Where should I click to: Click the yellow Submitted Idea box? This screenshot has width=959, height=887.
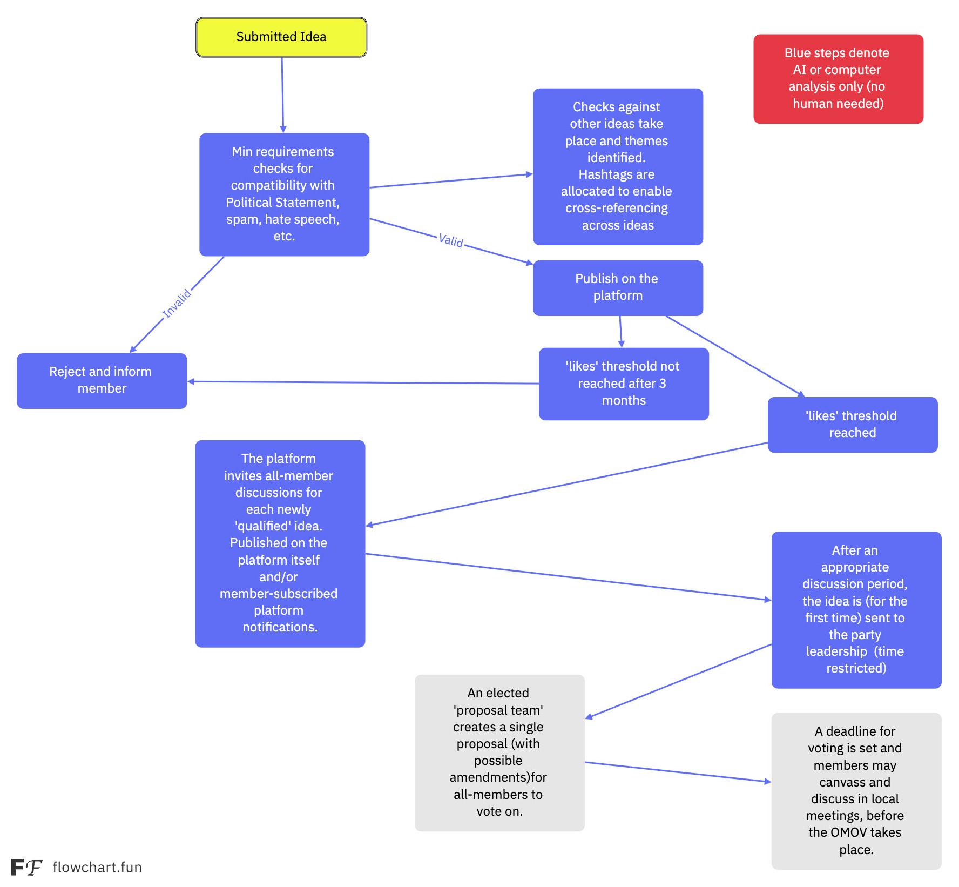281,37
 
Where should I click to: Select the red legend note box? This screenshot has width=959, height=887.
838,79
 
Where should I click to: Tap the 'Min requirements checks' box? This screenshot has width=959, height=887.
284,194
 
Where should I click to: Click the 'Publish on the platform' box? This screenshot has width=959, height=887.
618,288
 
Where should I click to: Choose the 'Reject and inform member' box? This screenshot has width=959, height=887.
102,380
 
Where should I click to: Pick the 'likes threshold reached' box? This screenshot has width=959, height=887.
853,425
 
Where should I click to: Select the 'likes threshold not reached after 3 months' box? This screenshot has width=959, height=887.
624,384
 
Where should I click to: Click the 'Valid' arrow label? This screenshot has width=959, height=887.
451,240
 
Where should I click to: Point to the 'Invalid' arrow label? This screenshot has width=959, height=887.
177,303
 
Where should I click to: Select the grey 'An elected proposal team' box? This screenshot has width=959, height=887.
499,752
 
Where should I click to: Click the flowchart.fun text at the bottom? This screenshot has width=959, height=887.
97,867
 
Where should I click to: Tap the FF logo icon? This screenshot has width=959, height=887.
26,867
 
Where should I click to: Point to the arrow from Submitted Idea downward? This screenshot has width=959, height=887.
282,95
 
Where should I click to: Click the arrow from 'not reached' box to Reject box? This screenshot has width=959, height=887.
363,382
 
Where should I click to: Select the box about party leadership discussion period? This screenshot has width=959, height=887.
856,610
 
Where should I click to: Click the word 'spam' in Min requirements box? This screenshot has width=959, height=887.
244,220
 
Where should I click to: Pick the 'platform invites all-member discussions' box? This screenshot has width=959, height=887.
280,543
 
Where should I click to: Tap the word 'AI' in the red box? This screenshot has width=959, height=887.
799,70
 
